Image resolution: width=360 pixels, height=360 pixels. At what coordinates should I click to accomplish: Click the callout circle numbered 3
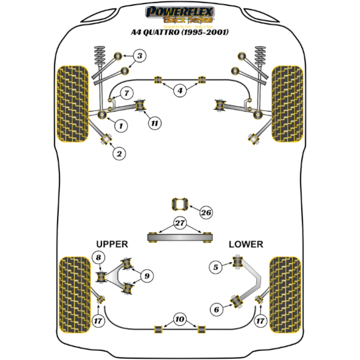[x=139, y=57]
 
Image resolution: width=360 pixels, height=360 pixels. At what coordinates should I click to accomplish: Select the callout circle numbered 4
[x=179, y=91]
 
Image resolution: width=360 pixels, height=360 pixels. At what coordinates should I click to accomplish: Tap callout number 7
[x=127, y=93]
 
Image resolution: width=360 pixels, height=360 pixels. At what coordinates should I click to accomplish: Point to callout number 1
[x=120, y=125]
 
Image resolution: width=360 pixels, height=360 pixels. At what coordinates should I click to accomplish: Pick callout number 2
[x=119, y=154]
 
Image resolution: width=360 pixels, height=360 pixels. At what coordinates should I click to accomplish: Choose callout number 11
[x=155, y=124]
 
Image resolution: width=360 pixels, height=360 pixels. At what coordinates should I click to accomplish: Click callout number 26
[x=206, y=212]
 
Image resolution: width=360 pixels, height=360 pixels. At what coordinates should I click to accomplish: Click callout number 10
[x=179, y=319]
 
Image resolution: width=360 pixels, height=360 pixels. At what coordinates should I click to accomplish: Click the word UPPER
[x=112, y=244]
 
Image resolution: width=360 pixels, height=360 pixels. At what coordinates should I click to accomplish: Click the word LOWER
[x=245, y=244]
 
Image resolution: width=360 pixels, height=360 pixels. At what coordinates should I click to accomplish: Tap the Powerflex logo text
[x=179, y=11]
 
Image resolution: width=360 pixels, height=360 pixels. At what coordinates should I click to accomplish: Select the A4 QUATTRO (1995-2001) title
[x=179, y=32]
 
